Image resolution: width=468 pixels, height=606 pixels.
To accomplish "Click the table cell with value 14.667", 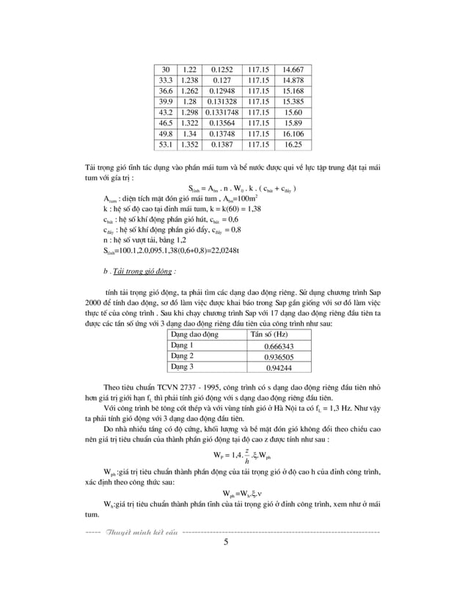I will [x=293, y=70].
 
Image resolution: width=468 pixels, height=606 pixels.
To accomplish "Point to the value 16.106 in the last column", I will [x=293, y=135].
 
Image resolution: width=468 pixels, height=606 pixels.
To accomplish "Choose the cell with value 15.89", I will [x=293, y=124].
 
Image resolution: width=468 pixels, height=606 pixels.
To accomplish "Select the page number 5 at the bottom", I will [x=226, y=542].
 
